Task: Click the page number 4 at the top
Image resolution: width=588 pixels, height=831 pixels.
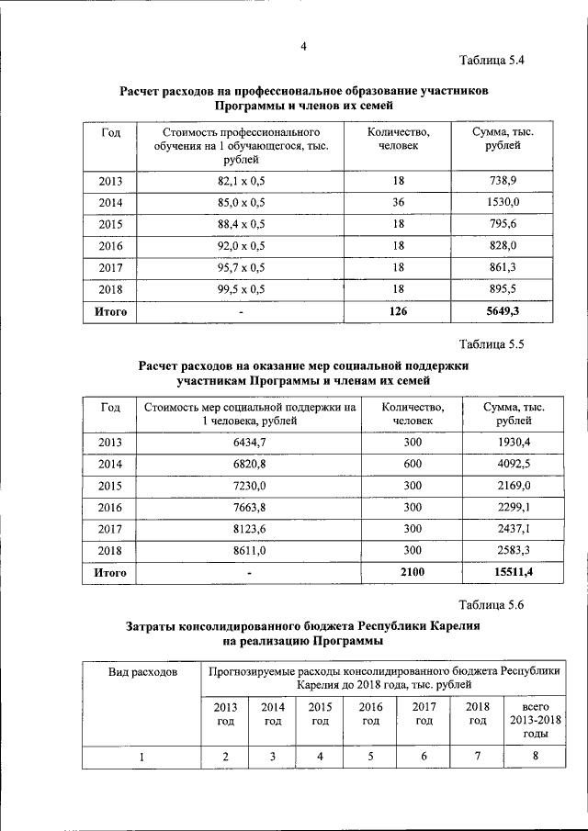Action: tap(302, 47)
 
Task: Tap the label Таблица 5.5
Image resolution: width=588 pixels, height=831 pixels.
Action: tap(492, 344)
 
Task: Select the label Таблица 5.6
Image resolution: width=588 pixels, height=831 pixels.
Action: tap(492, 603)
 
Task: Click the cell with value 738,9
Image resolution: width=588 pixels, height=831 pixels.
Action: tap(503, 182)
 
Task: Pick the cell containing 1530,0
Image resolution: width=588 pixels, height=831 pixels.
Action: tap(503, 202)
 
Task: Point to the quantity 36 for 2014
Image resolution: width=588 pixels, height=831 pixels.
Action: tap(398, 202)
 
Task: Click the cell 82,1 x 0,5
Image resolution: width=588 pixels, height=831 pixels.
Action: tap(241, 182)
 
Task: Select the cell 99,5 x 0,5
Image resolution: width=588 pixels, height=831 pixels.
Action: tap(241, 289)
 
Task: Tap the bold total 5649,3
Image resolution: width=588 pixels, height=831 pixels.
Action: tap(503, 312)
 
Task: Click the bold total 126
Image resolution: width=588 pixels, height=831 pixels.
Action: tap(398, 312)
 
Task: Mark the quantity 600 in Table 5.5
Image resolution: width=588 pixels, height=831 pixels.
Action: tap(413, 464)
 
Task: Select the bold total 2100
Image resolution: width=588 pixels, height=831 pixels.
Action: tap(413, 573)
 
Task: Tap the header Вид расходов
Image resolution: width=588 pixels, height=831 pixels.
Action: tap(142, 672)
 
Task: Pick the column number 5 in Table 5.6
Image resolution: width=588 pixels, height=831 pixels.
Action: tap(370, 757)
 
